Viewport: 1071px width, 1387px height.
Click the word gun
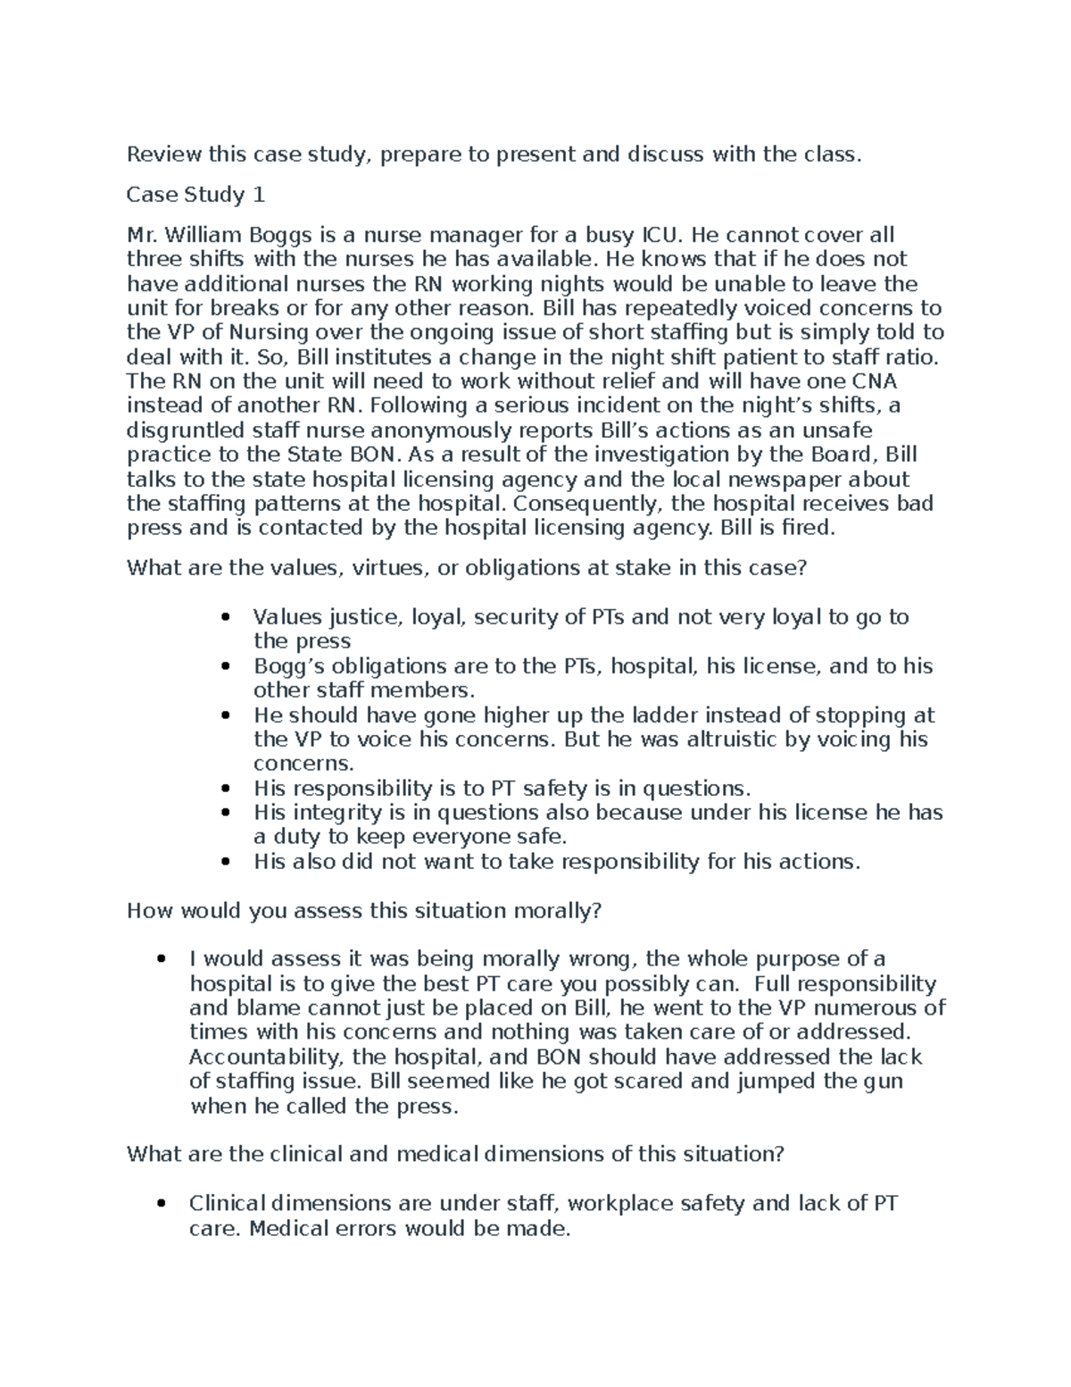coord(884,1082)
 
